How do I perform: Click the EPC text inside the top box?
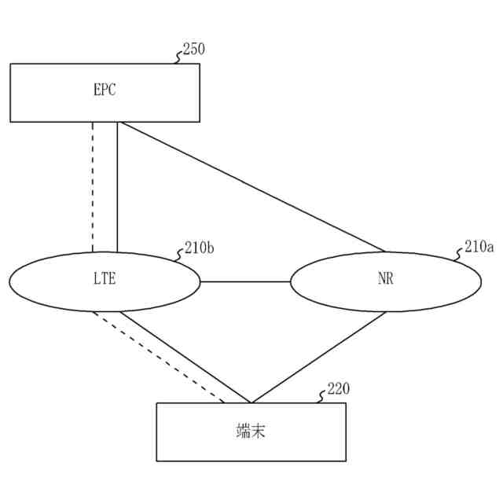[x=105, y=90]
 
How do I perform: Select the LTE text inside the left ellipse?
[x=105, y=280]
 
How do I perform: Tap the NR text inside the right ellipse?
[x=385, y=280]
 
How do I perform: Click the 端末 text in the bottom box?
[x=250, y=431]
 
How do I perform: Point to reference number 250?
[x=193, y=49]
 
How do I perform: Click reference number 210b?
[x=199, y=248]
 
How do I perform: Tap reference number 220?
[x=338, y=389]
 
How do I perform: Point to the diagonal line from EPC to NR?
[x=251, y=187]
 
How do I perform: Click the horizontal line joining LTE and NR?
[x=245, y=281]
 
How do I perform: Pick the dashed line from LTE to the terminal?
[x=157, y=357]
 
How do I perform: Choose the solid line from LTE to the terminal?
[x=185, y=357]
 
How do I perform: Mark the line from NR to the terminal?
[x=318, y=357]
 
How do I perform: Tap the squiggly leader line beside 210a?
[x=459, y=255]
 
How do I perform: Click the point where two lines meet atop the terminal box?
[x=250, y=402]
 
